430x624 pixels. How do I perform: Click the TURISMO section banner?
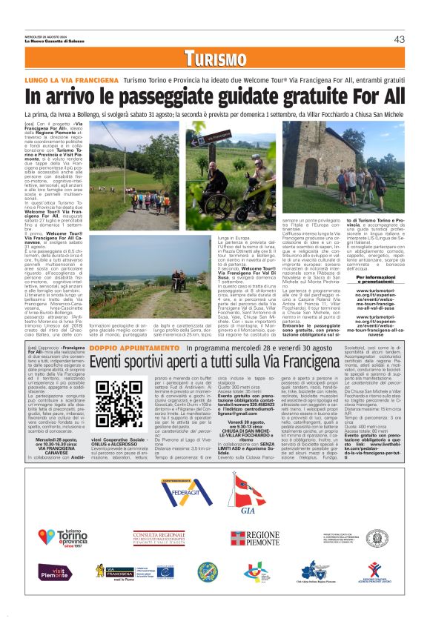(x=215, y=59)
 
